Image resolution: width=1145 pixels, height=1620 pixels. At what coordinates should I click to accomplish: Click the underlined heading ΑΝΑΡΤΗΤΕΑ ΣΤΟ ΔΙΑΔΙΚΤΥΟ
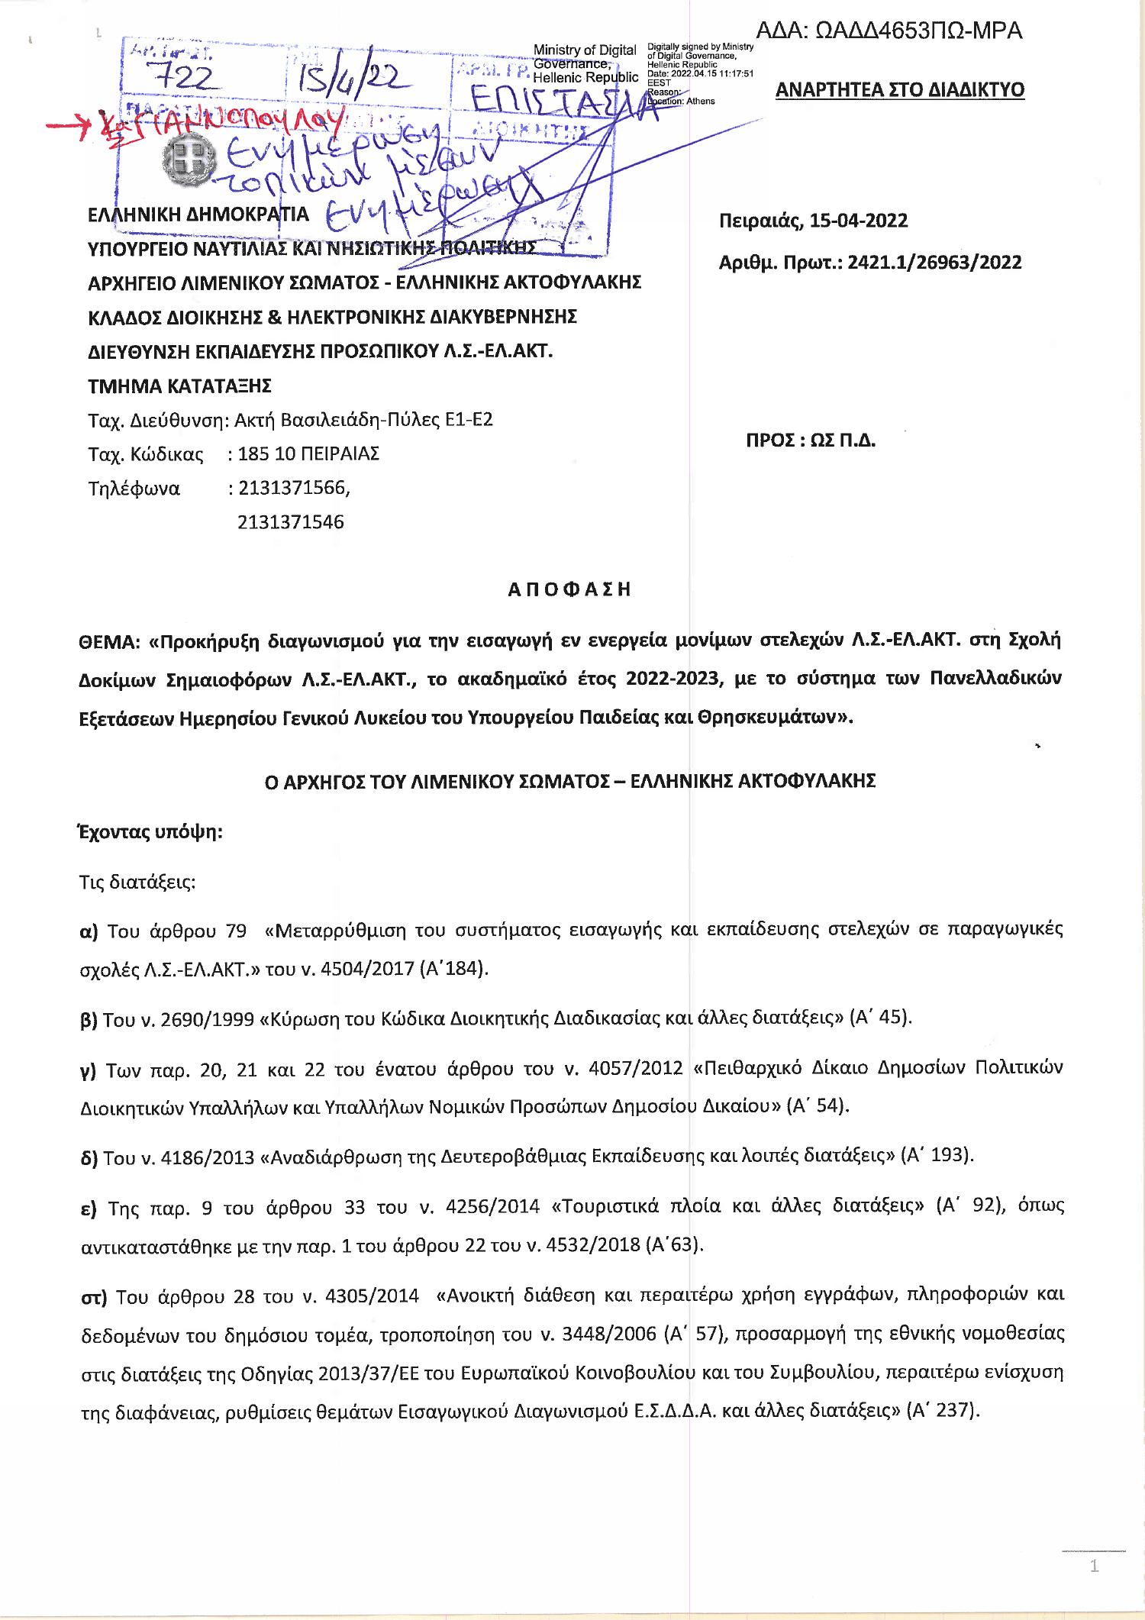(899, 90)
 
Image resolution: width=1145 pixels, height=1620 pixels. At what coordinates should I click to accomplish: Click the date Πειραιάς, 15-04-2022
(813, 221)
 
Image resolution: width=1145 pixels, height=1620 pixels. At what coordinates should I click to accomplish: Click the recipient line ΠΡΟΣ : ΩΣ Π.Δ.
(810, 441)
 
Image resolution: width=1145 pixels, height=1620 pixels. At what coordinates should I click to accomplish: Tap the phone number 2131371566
(294, 488)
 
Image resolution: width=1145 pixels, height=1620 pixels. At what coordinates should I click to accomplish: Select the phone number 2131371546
(291, 522)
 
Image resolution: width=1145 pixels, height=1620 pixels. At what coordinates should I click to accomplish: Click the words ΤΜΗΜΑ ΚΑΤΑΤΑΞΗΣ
(181, 386)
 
